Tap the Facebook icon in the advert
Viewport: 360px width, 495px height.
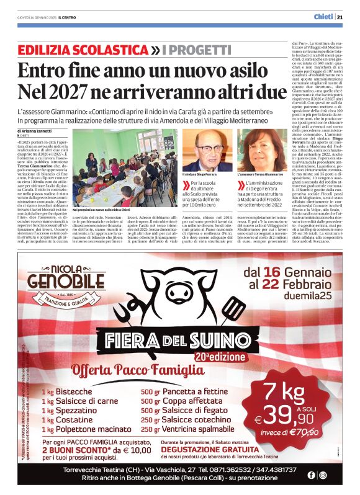click(311, 475)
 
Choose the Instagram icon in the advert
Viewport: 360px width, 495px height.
click(322, 475)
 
